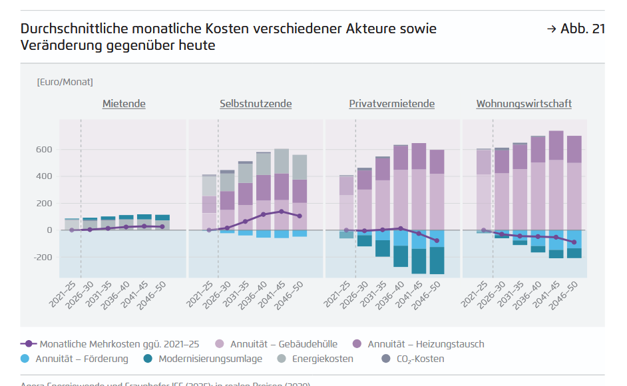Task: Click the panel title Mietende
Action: (x=124, y=104)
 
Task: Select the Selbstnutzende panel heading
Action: (x=256, y=104)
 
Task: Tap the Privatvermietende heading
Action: (x=391, y=104)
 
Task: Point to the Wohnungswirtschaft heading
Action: (x=524, y=104)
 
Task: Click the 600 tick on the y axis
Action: (x=44, y=150)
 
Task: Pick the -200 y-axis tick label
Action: (x=42, y=258)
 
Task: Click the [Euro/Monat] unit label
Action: (x=65, y=82)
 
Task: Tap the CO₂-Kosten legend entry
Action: (x=419, y=359)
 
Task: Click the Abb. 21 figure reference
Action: (x=576, y=29)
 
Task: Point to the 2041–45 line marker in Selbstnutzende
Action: (x=282, y=212)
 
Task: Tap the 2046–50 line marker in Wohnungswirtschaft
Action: (x=574, y=242)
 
